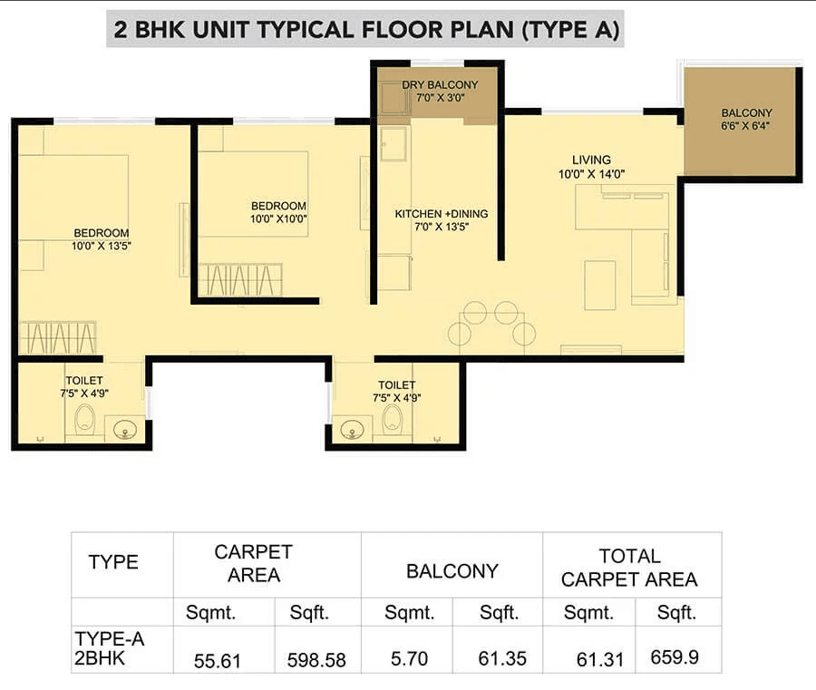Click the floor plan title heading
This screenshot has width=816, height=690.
click(x=366, y=30)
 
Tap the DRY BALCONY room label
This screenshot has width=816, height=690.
click(x=441, y=85)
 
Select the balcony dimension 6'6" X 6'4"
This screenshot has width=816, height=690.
click(x=746, y=126)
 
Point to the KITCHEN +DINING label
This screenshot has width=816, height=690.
click(x=441, y=214)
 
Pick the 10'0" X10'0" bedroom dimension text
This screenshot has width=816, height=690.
click(x=279, y=219)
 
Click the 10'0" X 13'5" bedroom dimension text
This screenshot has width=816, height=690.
click(x=102, y=245)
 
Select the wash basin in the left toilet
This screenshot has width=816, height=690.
click(x=123, y=429)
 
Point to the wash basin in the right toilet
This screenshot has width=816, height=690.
click(x=353, y=429)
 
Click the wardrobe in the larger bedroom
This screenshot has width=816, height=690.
click(x=57, y=337)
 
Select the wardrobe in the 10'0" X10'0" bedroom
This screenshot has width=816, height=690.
click(x=240, y=278)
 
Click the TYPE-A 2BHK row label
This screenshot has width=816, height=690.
click(x=109, y=647)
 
